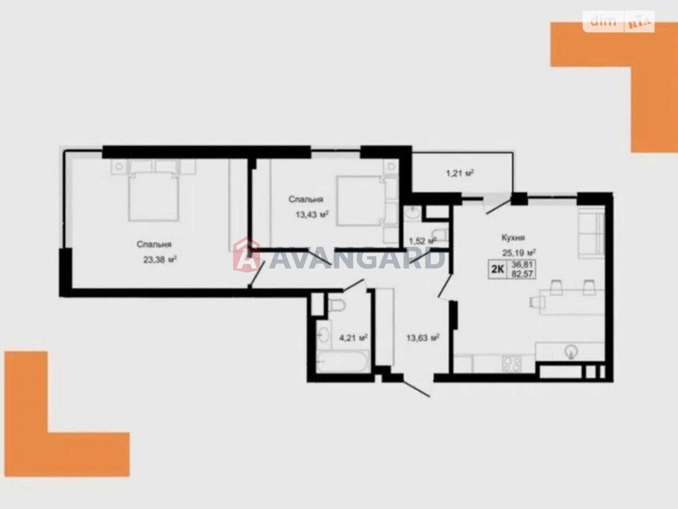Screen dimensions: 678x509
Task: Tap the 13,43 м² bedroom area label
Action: pyautogui.click(x=312, y=214)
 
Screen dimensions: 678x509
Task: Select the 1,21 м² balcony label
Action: pyautogui.click(x=460, y=173)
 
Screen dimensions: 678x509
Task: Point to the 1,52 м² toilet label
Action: pyautogui.click(x=422, y=241)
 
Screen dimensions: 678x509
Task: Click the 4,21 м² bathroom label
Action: pyautogui.click(x=353, y=338)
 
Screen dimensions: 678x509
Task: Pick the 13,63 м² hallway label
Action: pyautogui.click(x=423, y=338)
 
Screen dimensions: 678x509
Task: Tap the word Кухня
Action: pyautogui.click(x=513, y=238)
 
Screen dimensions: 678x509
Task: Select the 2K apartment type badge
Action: pyautogui.click(x=497, y=269)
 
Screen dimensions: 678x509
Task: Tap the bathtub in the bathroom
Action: pyautogui.click(x=342, y=361)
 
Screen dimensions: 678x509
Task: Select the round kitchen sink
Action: pyautogui.click(x=571, y=351)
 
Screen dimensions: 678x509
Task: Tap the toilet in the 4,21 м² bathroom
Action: pyautogui.click(x=337, y=305)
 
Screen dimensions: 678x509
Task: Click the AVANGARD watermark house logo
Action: pyautogui.click(x=247, y=255)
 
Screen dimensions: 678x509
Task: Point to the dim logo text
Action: pyautogui.click(x=603, y=21)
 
